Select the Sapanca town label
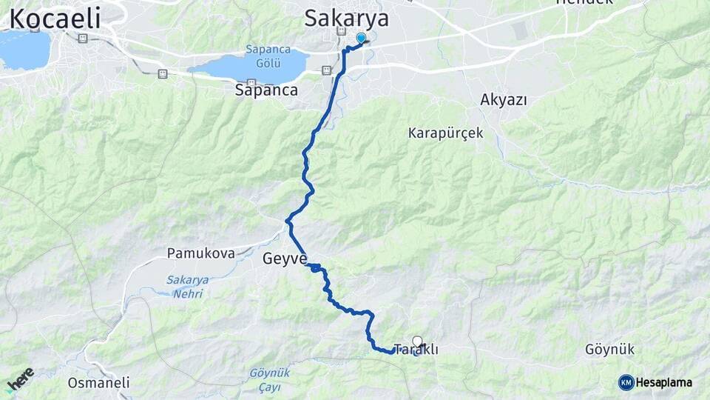click(x=266, y=90)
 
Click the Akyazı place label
click(x=503, y=100)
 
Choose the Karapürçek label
click(x=445, y=133)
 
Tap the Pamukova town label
click(x=200, y=253)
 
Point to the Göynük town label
click(x=609, y=349)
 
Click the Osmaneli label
click(x=98, y=383)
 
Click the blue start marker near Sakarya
click(x=361, y=38)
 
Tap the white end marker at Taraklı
click(x=418, y=341)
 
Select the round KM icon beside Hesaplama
click(x=626, y=382)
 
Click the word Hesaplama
click(x=664, y=382)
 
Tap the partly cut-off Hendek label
click(x=584, y=3)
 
